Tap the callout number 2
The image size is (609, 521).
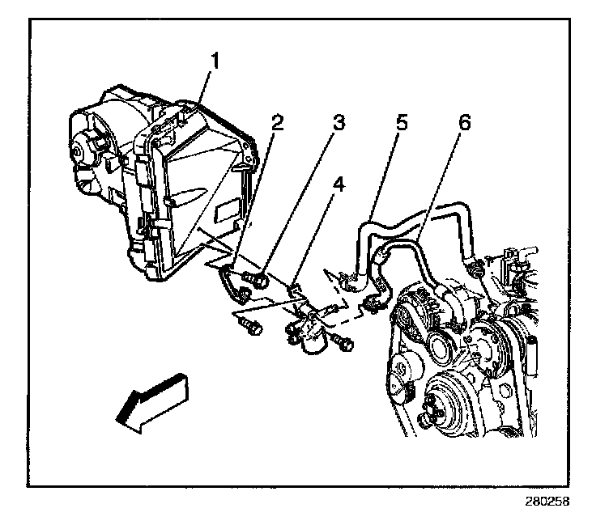[x=277, y=123]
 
